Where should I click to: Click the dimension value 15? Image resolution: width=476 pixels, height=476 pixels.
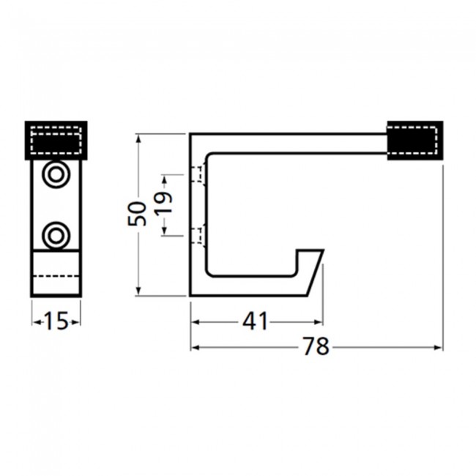56,321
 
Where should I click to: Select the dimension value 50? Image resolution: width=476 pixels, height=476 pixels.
137,213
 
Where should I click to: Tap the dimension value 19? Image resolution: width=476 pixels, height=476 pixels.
164,204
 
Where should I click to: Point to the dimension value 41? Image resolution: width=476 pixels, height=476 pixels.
256,321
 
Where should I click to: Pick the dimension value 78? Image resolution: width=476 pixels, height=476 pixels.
316,346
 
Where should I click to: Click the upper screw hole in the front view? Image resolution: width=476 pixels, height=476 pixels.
56,174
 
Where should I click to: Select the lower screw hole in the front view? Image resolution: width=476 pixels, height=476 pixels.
56,236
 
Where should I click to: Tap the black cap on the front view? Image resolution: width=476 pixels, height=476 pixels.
56,141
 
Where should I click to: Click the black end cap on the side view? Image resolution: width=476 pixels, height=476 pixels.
415,141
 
